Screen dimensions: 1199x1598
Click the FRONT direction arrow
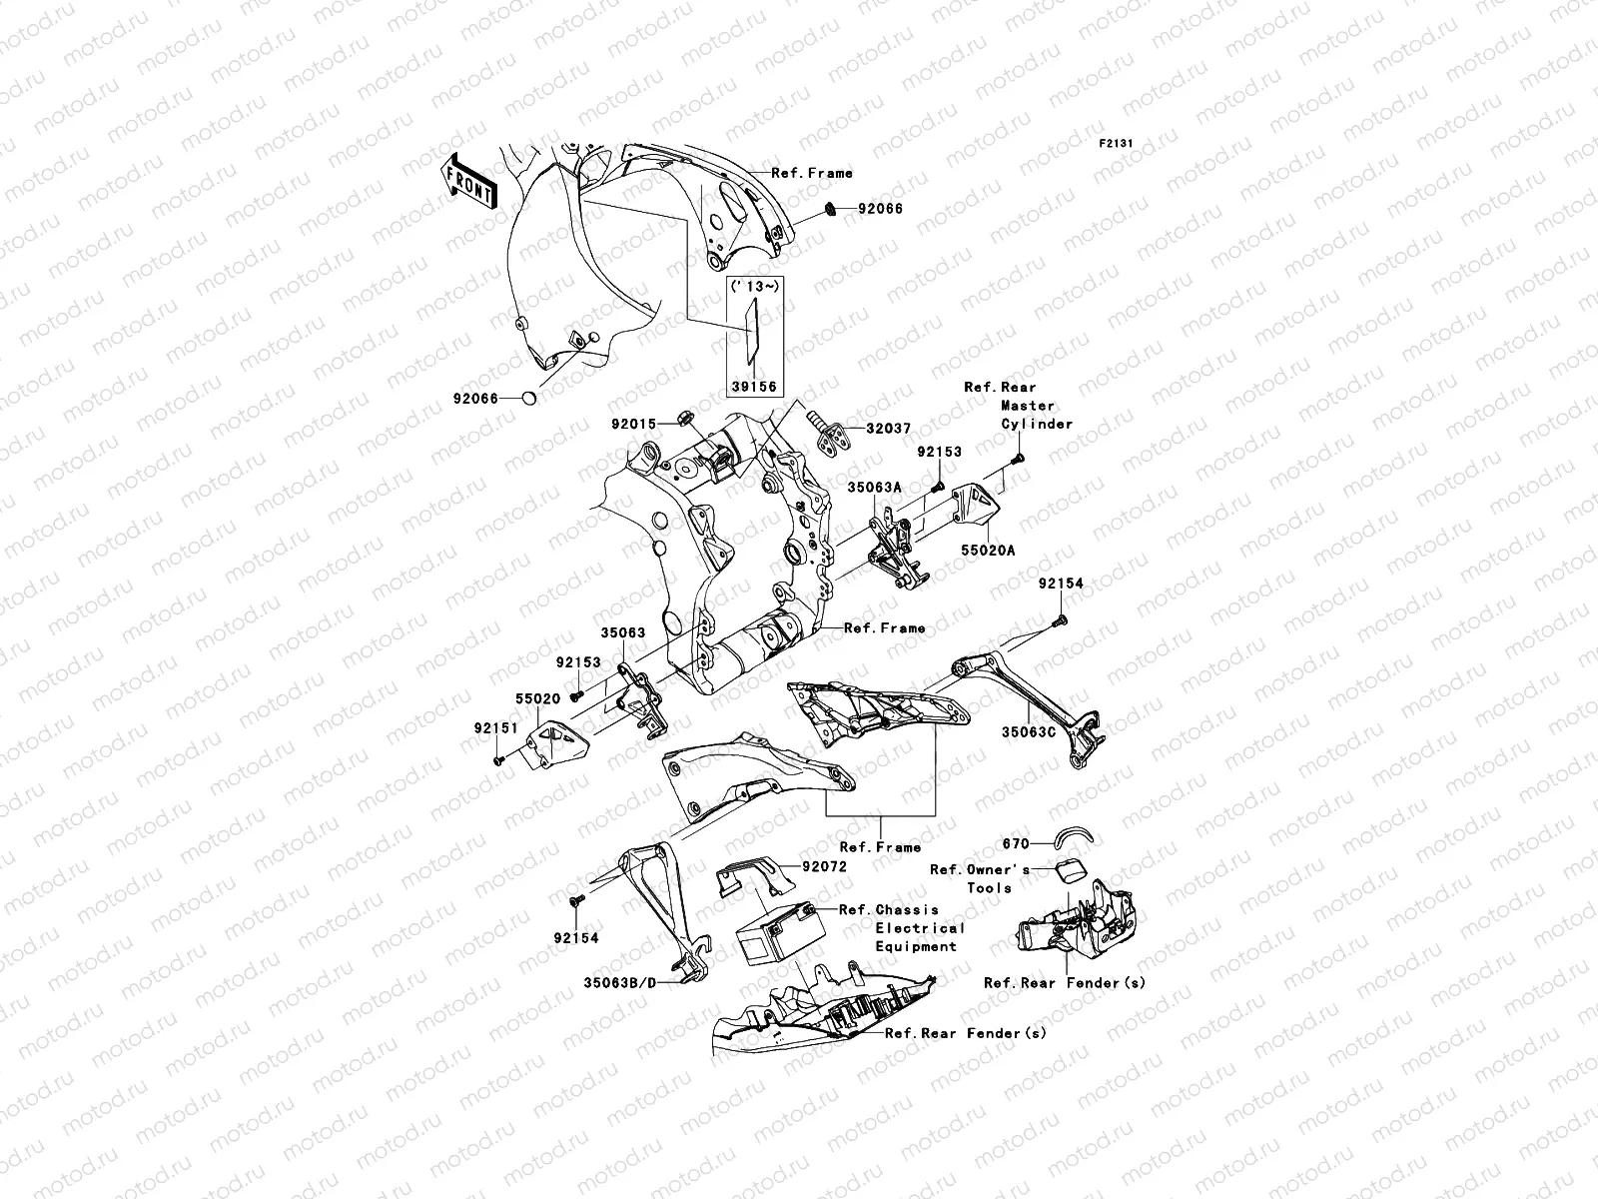(470, 181)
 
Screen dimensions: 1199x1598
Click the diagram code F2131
(1118, 144)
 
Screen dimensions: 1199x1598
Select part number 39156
(754, 387)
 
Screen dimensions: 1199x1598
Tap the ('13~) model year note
(754, 287)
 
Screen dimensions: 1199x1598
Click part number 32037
(887, 428)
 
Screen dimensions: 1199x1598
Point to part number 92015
(633, 424)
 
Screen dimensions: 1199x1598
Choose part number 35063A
(875, 487)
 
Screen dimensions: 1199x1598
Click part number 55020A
(987, 550)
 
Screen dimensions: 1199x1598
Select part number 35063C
(1028, 731)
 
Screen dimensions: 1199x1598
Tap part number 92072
(822, 867)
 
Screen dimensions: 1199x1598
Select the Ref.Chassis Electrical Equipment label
(902, 927)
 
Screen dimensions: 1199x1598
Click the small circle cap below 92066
(529, 400)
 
